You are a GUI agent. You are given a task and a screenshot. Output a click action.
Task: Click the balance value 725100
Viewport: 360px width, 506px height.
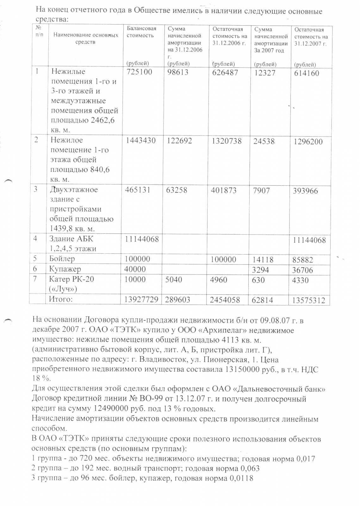coord(139,72)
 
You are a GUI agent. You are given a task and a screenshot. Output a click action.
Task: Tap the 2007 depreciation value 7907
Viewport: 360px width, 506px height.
coord(262,191)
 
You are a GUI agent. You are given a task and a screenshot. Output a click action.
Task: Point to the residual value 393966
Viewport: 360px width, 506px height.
coord(306,191)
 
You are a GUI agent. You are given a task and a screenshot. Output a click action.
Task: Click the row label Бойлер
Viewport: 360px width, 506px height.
coord(62,259)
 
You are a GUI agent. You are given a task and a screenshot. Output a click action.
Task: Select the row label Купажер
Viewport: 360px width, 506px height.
coord(65,269)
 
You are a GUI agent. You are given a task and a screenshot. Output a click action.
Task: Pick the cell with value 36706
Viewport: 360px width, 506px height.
coord(303,270)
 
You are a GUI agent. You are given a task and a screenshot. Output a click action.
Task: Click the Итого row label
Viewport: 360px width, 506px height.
coord(60,299)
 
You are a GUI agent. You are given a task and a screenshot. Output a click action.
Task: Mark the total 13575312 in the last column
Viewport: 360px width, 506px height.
coord(308,300)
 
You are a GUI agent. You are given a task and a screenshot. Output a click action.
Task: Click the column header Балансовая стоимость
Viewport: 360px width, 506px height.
coord(141,32)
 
